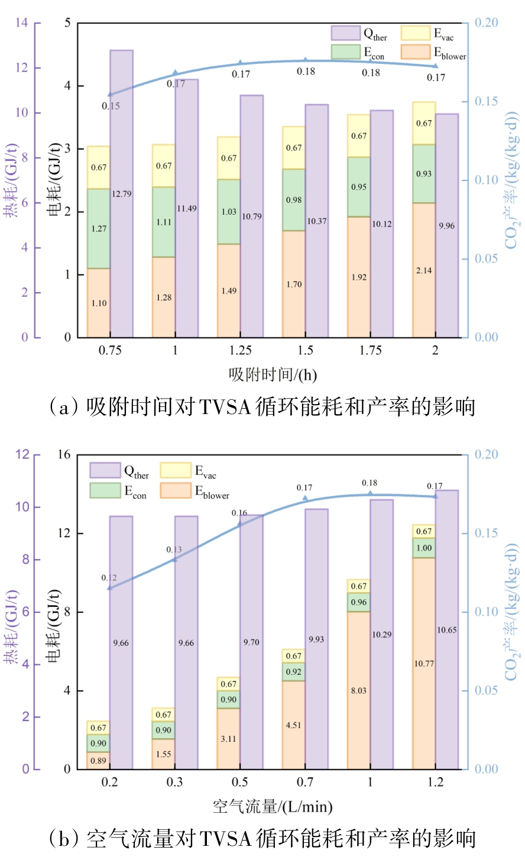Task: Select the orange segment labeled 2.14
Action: (424, 270)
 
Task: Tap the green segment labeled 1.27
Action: (99, 228)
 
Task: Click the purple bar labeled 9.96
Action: (447, 225)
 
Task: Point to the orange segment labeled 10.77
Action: (424, 663)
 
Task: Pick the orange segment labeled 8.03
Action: (359, 690)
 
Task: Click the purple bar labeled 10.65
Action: (447, 629)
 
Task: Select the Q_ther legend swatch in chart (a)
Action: (345, 33)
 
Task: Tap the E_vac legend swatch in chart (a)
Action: (416, 33)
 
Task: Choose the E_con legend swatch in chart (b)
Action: (105, 490)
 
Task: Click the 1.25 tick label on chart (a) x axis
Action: (240, 351)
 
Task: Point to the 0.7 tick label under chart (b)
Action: (305, 783)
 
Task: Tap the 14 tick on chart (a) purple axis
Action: (22, 23)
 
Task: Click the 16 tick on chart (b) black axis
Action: (63, 455)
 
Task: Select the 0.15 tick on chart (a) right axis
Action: (486, 102)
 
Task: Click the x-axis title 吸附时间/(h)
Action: (273, 374)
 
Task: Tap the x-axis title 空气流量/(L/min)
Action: (273, 806)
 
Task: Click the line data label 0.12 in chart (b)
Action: (109, 578)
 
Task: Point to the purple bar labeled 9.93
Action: (316, 639)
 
